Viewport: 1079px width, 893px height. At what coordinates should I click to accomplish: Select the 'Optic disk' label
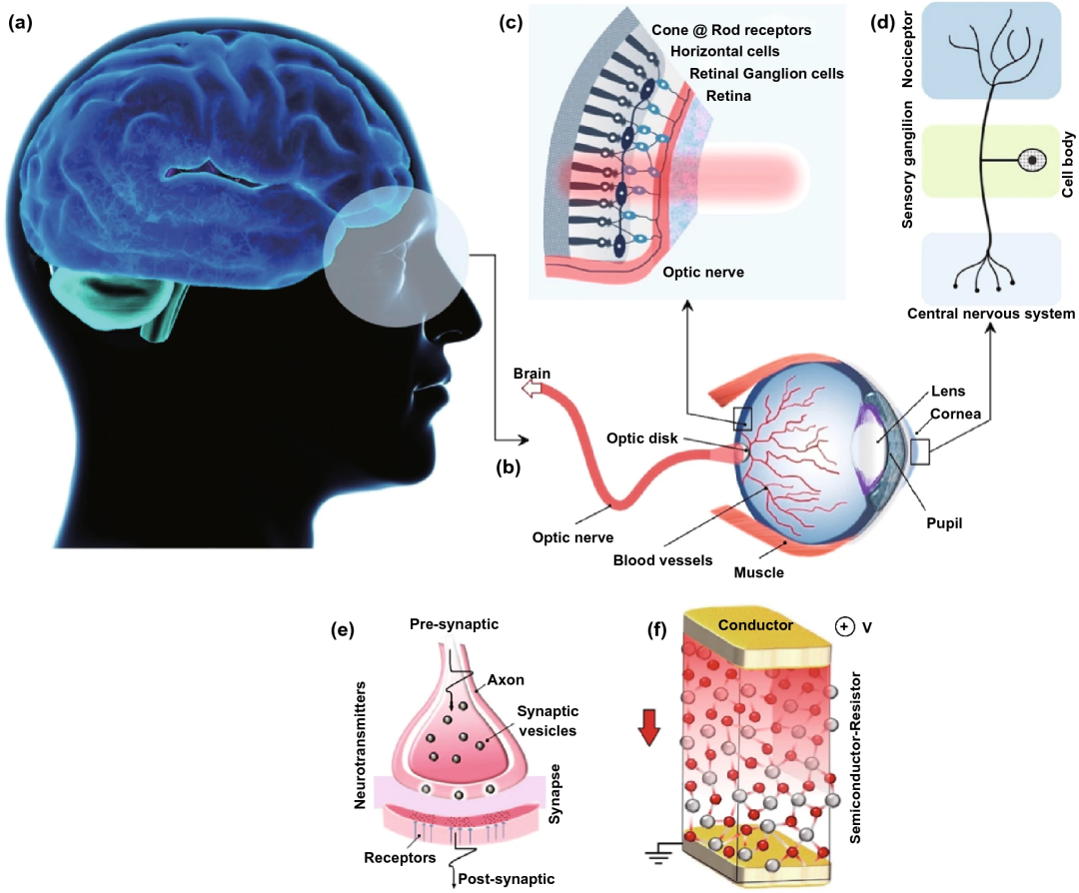coord(641,438)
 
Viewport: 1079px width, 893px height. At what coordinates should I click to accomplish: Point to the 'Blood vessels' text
coord(662,559)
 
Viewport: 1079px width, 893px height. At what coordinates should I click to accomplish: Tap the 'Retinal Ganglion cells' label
coord(766,73)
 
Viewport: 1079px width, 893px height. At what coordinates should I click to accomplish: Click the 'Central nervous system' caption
coord(991,314)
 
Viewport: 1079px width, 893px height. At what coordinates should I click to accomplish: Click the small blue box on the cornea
coord(919,452)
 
